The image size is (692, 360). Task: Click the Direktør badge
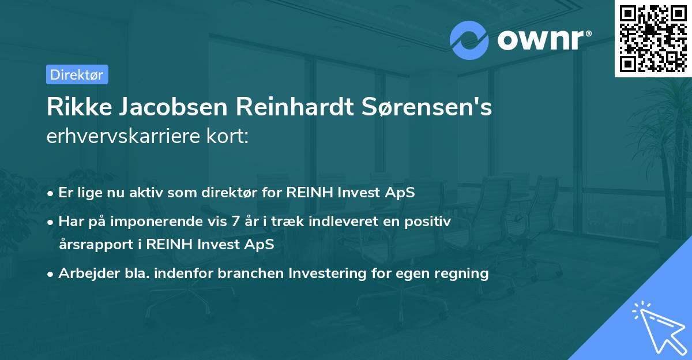77,74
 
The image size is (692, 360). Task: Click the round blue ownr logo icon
469,39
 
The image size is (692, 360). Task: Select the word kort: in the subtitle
230,136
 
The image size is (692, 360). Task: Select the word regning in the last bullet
461,273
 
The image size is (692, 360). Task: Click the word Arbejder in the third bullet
85,273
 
